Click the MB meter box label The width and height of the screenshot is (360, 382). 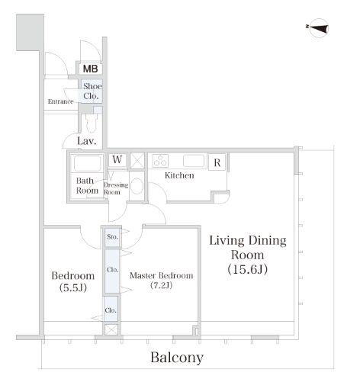90,69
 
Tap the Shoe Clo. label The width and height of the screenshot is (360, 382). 92,91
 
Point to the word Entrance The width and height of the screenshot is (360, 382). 60,101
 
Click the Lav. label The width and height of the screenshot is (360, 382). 87,141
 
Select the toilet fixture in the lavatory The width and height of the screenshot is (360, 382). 92,123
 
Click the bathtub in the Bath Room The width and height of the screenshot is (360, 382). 87,163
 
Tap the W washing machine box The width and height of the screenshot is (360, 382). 117,159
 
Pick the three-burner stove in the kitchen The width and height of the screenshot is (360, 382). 160,161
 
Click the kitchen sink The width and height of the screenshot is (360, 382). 194,161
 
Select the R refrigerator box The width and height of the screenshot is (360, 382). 217,162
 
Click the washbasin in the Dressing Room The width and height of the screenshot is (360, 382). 137,185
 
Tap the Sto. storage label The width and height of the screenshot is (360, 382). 112,237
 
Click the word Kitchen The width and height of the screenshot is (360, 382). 179,175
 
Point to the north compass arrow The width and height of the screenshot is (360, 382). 318,27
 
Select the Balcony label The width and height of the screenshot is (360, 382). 177,358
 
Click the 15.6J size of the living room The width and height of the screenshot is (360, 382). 247,269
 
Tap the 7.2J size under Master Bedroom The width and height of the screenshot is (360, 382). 161,285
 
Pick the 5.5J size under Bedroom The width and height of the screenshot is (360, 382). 73,287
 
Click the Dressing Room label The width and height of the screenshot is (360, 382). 116,188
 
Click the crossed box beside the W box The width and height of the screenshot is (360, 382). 137,160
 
